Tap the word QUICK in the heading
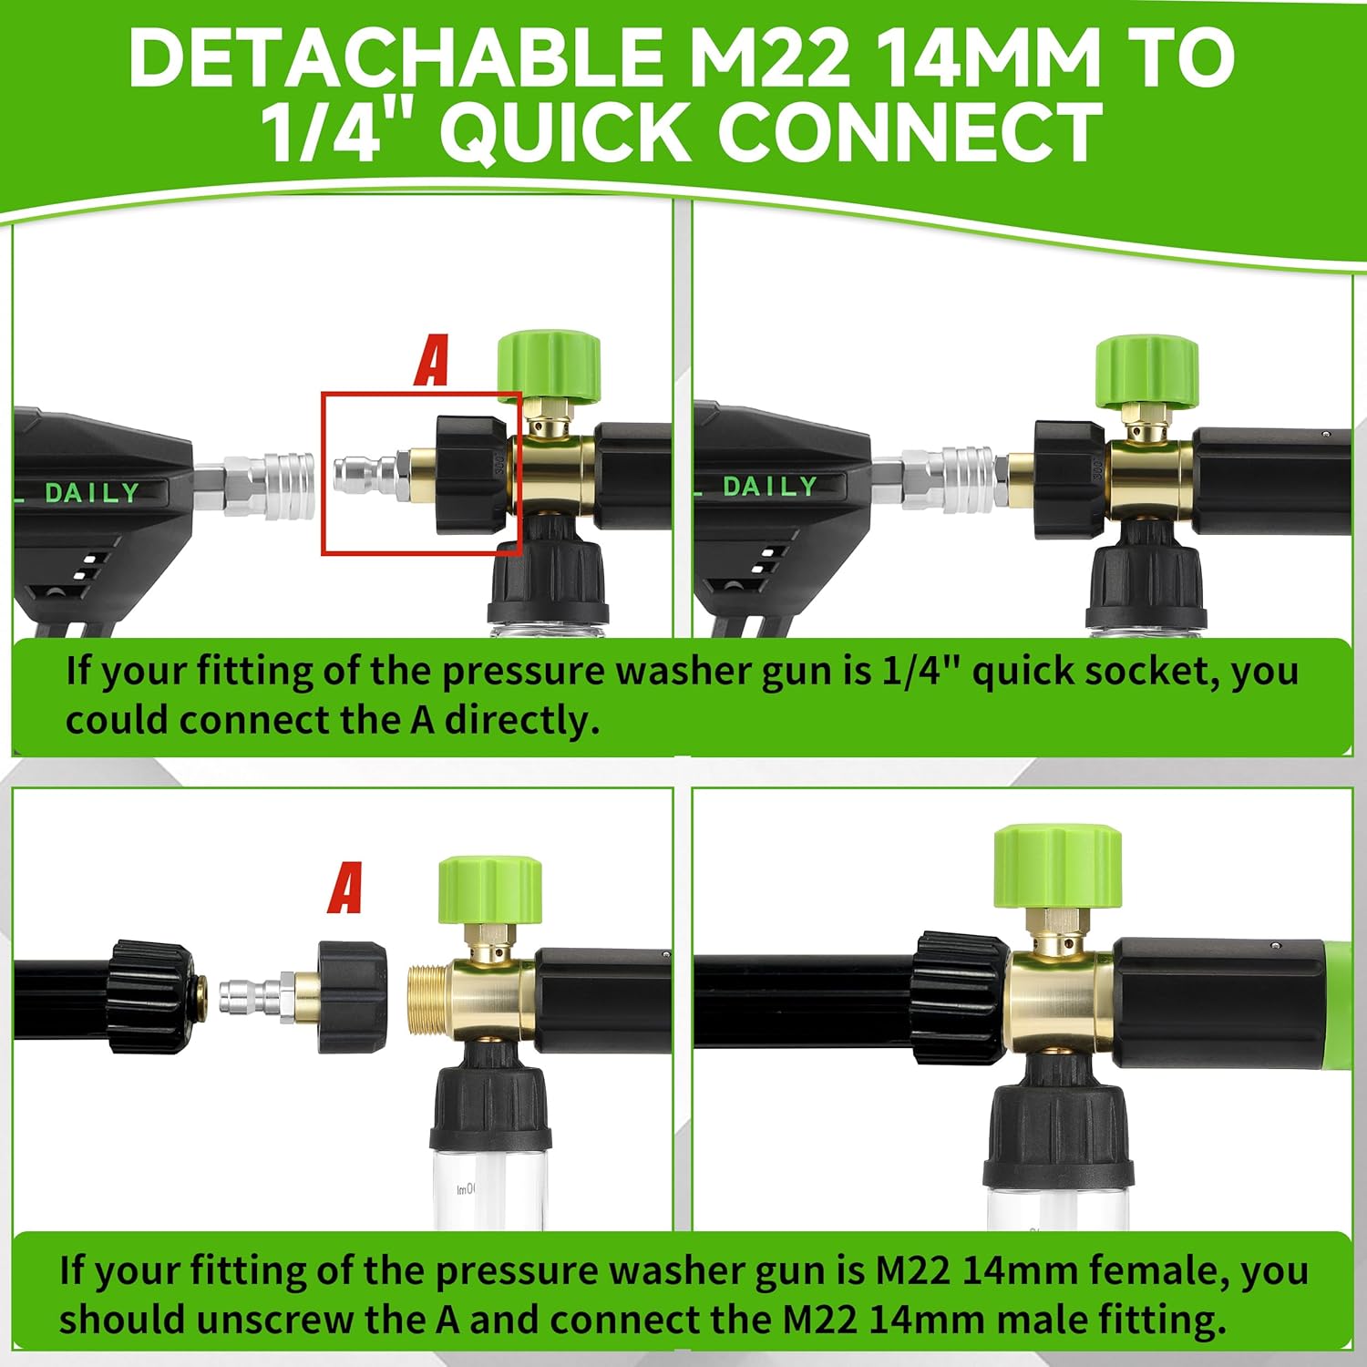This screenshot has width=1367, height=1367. click(565, 132)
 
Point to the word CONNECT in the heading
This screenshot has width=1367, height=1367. click(910, 132)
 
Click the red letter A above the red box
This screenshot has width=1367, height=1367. click(432, 361)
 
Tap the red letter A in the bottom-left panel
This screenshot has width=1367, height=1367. click(345, 888)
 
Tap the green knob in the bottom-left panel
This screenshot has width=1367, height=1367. click(490, 890)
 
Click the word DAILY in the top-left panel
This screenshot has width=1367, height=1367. click(92, 493)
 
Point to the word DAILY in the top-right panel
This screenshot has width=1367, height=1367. click(770, 487)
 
